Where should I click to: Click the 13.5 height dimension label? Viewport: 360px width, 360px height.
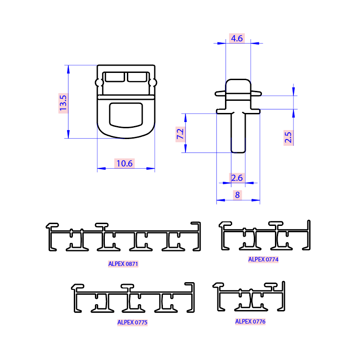coord(63,103)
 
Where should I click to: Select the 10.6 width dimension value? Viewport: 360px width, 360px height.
coord(124,163)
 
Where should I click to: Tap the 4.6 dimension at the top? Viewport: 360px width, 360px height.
coord(237,38)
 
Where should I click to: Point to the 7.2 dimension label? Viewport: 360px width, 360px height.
coord(180,134)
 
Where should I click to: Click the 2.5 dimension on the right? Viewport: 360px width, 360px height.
coord(288,137)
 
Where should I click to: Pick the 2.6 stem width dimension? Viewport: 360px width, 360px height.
coord(237,178)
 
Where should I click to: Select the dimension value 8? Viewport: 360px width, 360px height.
coord(237,195)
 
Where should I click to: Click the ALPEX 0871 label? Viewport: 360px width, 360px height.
coord(123,264)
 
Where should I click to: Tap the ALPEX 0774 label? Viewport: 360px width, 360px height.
coord(263,259)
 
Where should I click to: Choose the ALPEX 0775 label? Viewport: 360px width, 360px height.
coord(132,322)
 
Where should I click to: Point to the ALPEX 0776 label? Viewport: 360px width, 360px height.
coord(251,321)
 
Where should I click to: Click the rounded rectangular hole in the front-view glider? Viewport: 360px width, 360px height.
coord(126,114)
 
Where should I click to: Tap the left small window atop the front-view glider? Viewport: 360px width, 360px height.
coord(115,77)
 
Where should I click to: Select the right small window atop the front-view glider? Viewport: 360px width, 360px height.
coord(137,77)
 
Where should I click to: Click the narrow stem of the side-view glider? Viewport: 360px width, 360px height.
coord(238,133)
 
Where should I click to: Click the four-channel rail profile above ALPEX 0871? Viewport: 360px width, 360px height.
coord(124,237)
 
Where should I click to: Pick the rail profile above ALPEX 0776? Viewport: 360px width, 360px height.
coord(250,297)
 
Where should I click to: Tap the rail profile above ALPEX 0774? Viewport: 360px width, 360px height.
coord(265,236)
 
